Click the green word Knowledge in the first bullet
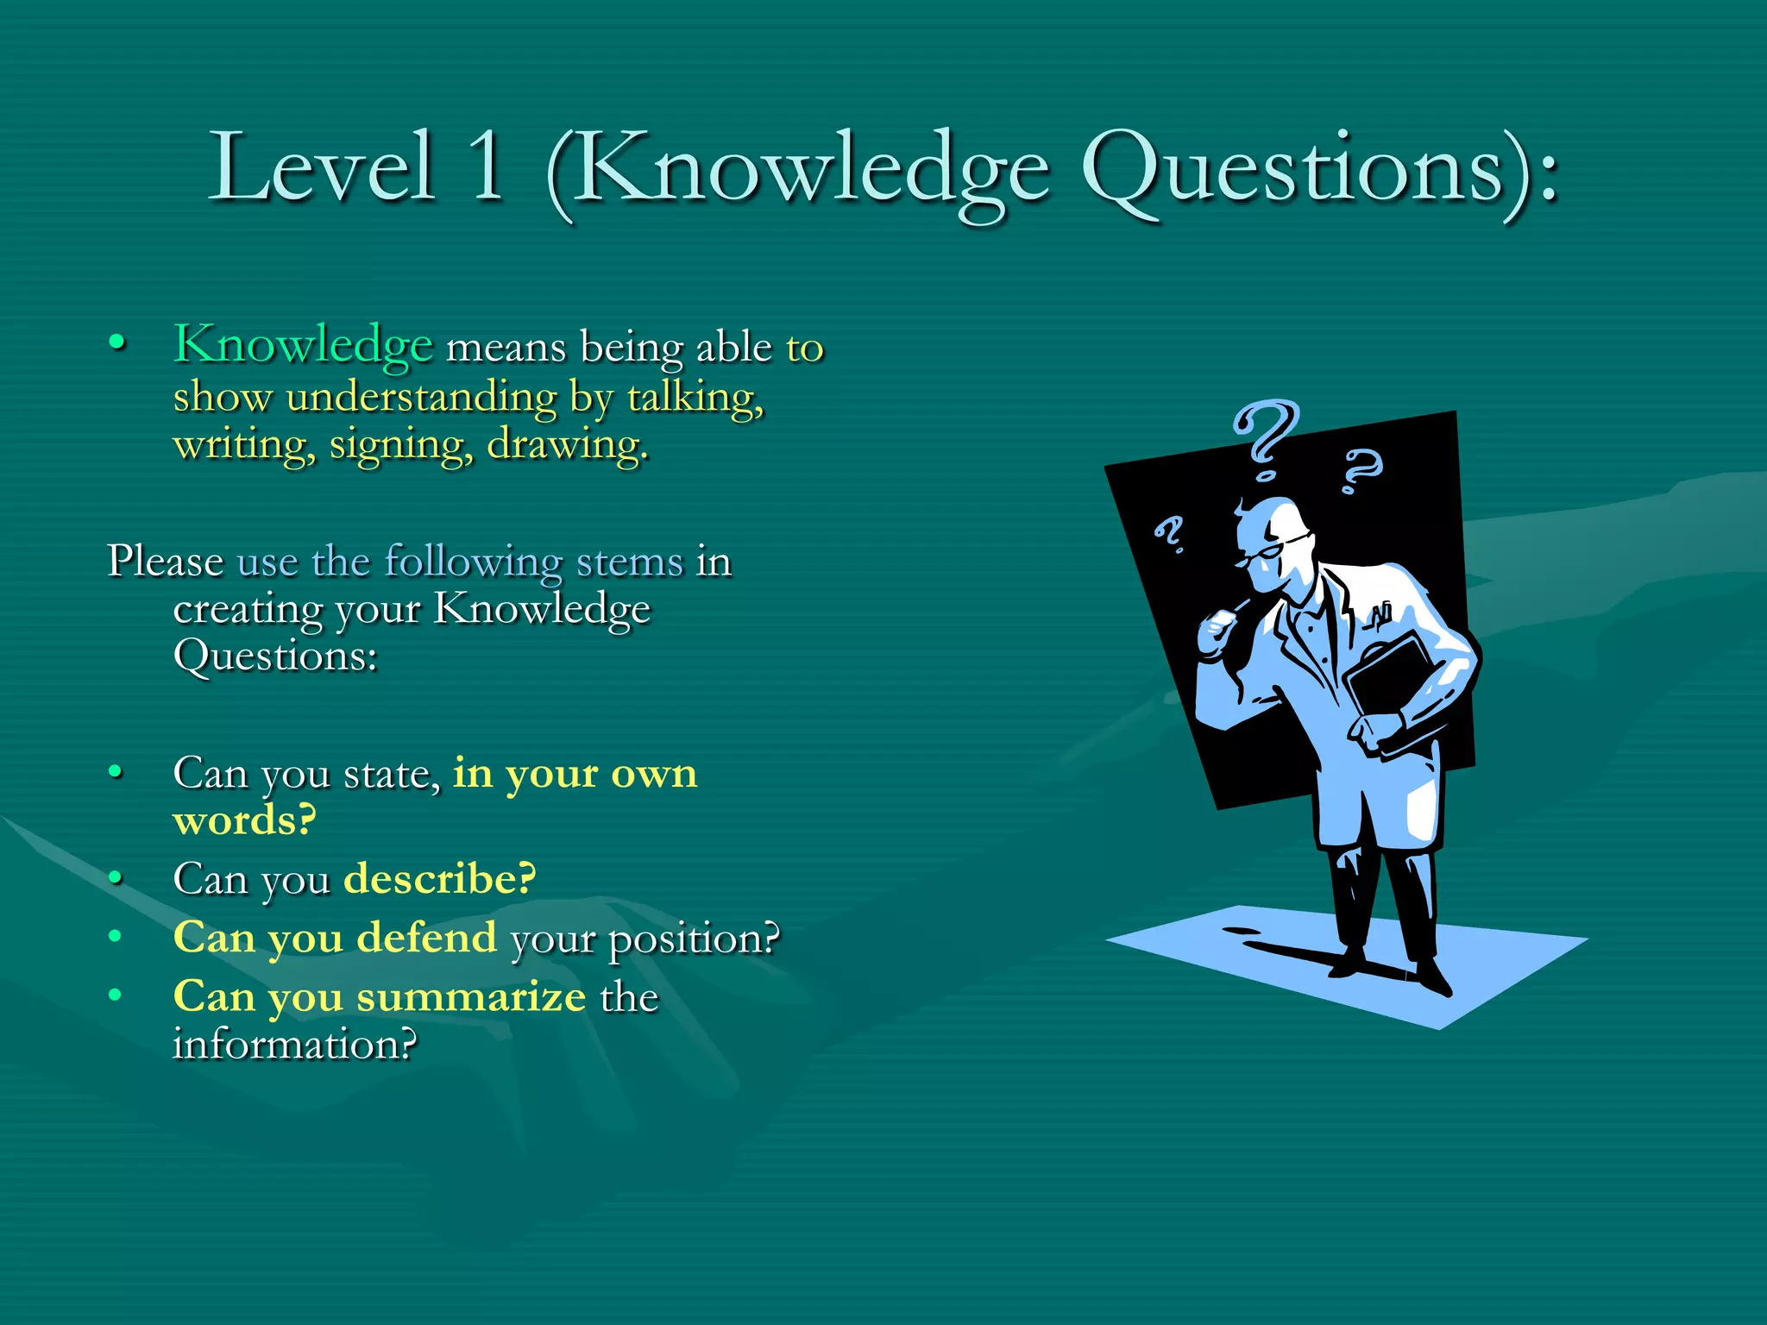[303, 345]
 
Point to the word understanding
[422, 398]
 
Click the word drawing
[566, 445]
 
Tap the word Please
[166, 562]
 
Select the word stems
[629, 562]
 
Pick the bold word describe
[439, 879]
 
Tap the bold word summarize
[471, 997]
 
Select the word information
[294, 1045]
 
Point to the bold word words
[244, 820]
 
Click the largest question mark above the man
[1267, 436]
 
